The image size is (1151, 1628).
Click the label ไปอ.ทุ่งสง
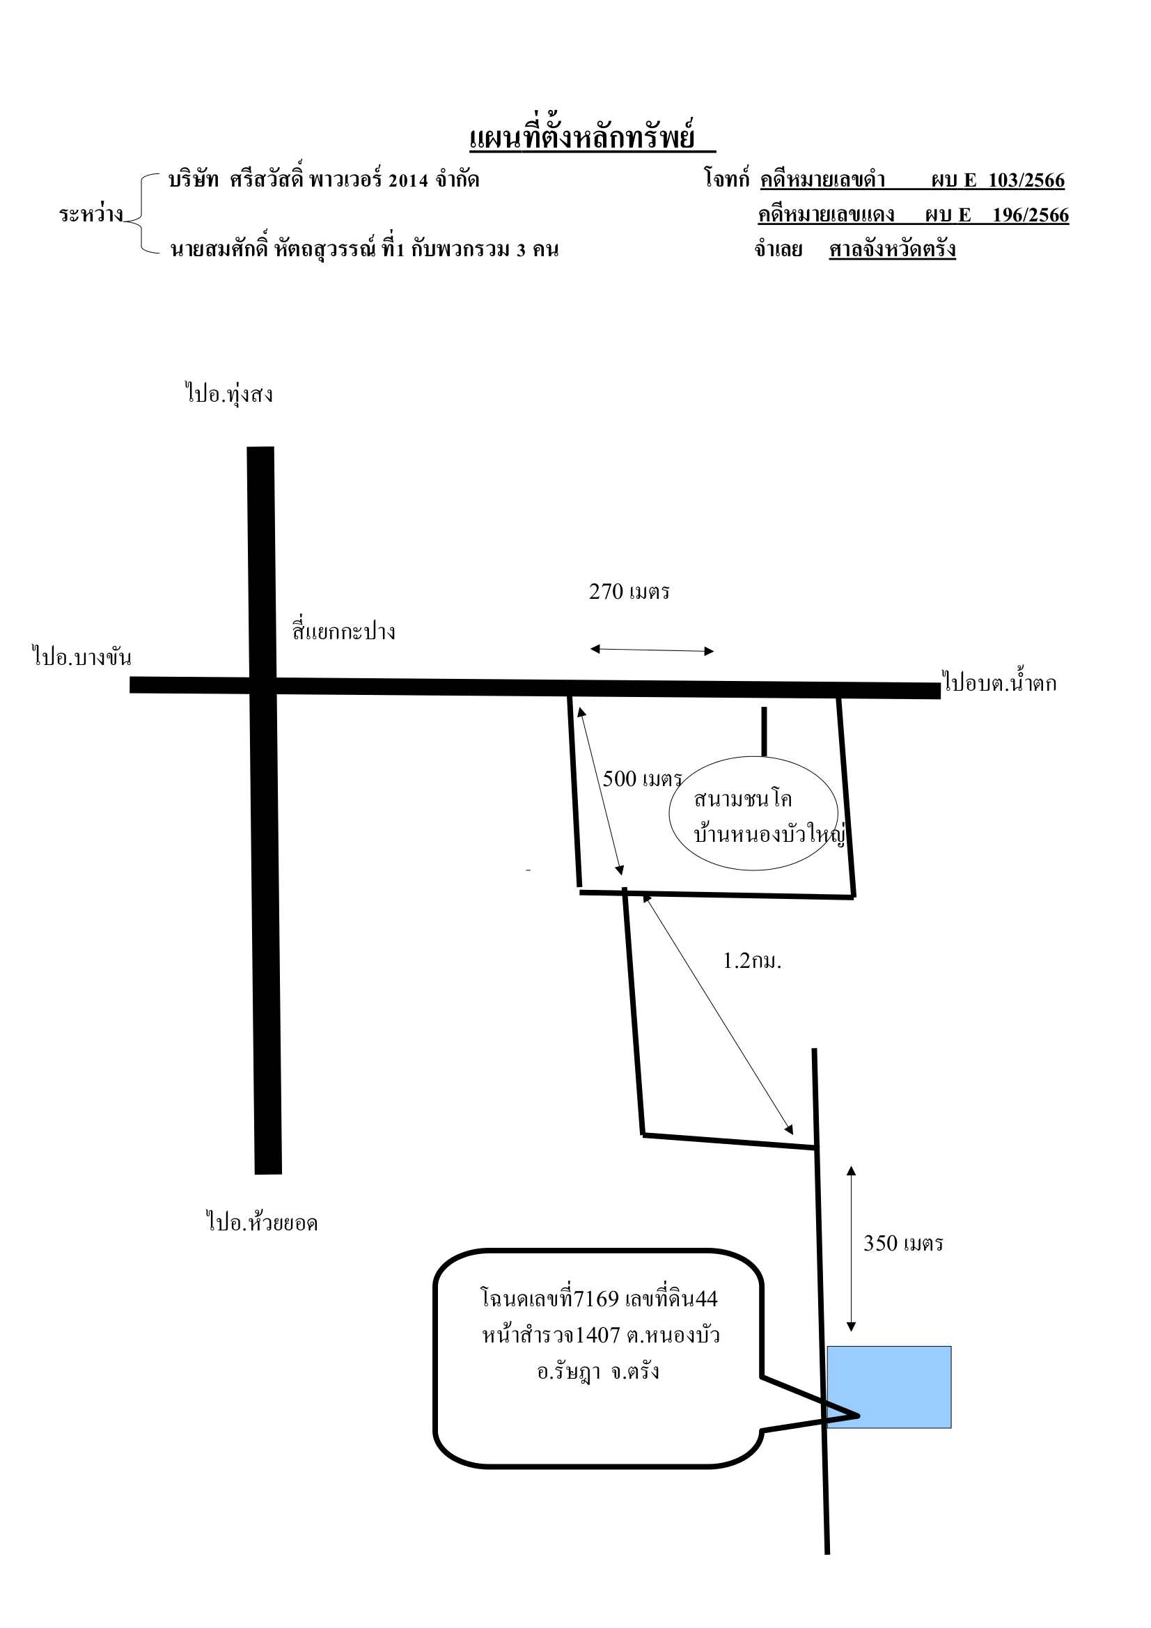(229, 393)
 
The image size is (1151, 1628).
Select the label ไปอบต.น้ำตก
(1000, 682)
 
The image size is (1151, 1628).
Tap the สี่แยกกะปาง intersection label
(343, 630)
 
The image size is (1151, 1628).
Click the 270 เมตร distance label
(629, 591)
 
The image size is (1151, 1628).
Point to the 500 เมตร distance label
(642, 778)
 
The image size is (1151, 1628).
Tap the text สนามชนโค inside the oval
(742, 799)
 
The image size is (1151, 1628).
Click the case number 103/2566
(1026, 180)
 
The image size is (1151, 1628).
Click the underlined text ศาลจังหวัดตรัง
(892, 249)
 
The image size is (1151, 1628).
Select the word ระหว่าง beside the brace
(91, 214)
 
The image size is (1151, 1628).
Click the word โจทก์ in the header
(726, 178)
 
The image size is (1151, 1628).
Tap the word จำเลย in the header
(778, 249)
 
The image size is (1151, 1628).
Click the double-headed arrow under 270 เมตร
(652, 650)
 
